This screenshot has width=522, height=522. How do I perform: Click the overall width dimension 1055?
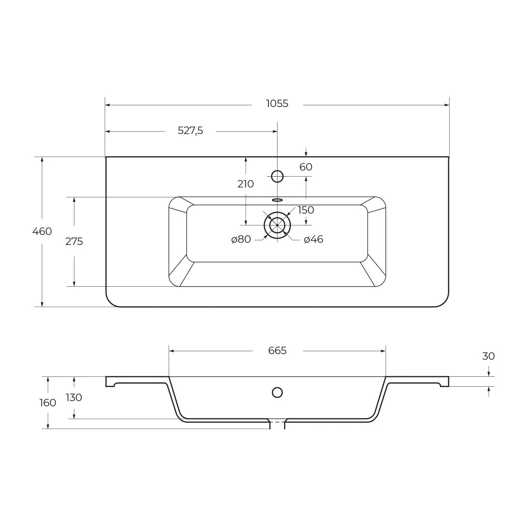tap(277, 104)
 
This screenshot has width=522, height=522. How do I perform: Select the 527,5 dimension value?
tap(190, 130)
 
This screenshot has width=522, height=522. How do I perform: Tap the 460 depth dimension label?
tap(42, 231)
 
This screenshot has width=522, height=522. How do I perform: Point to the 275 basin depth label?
tap(74, 241)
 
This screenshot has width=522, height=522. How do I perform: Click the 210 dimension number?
tap(245, 184)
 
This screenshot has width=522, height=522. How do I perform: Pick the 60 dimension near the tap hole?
tap(306, 167)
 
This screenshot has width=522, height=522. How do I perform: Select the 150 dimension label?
tap(306, 210)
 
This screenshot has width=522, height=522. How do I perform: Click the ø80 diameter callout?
tap(241, 239)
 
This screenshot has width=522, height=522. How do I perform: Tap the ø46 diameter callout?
tap(313, 239)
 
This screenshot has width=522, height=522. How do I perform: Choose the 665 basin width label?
tap(277, 351)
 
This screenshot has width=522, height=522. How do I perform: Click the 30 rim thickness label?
tap(489, 356)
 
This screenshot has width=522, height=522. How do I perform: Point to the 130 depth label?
tap(74, 398)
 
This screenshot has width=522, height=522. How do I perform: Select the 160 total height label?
tap(48, 403)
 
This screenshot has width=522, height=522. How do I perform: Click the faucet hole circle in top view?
tap(277, 176)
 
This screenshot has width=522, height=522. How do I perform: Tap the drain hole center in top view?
tap(277, 225)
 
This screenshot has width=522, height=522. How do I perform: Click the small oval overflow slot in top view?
tap(277, 200)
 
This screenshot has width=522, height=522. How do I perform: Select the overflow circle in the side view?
tap(277, 392)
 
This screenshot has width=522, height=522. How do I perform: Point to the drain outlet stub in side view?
tap(277, 425)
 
